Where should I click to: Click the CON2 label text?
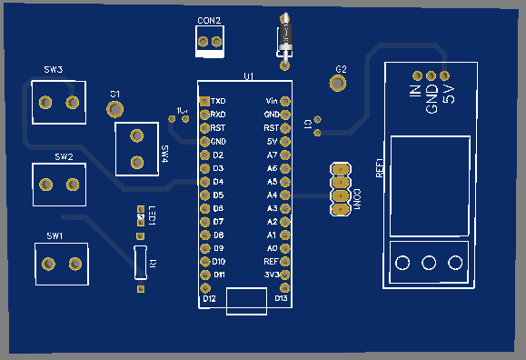(x=209, y=20)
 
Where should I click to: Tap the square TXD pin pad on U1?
(x=204, y=101)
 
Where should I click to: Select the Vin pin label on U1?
(x=271, y=101)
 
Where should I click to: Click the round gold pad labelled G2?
(x=339, y=83)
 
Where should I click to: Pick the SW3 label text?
(x=54, y=70)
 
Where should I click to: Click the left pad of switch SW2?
(x=44, y=185)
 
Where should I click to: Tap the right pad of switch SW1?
(x=74, y=265)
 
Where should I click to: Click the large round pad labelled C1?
(x=115, y=109)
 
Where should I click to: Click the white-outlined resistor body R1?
(x=140, y=262)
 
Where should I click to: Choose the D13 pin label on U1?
(x=281, y=298)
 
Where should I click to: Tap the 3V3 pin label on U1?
(x=270, y=274)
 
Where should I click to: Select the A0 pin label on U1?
(x=271, y=247)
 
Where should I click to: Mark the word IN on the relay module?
(x=415, y=93)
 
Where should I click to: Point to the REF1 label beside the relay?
(x=380, y=169)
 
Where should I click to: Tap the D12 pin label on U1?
(x=209, y=298)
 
